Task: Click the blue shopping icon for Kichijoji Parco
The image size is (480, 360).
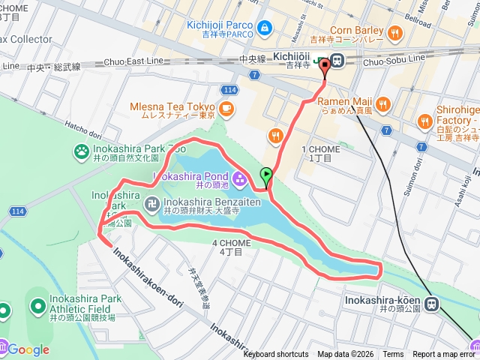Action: click(264, 28)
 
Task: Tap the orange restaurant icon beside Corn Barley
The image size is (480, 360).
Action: click(395, 32)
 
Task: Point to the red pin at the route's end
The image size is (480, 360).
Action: click(325, 68)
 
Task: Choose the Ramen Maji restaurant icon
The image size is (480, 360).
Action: click(382, 104)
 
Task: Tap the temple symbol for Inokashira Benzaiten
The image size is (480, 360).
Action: click(151, 202)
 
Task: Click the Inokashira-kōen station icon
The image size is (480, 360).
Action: click(431, 303)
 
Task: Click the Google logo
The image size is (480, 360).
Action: click(28, 349)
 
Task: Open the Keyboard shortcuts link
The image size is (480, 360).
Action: click(276, 355)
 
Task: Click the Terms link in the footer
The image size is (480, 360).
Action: click(393, 355)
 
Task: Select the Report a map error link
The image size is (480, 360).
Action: click(445, 355)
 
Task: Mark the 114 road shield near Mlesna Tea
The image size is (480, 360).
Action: click(231, 90)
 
